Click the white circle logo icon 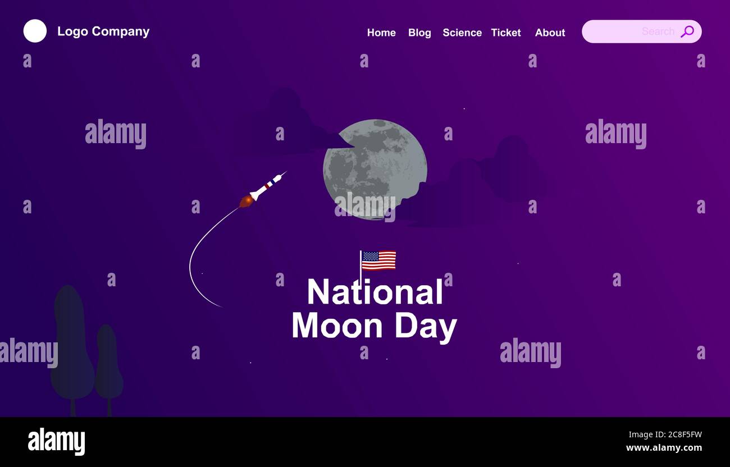click(35, 31)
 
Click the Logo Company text click(103, 31)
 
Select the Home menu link click(381, 33)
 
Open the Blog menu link click(419, 33)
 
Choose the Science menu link click(462, 33)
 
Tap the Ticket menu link click(506, 33)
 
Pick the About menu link click(550, 33)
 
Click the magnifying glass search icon click(687, 31)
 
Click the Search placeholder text click(658, 31)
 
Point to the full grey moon click(375, 168)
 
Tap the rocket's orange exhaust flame click(245, 201)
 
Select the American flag click(378, 260)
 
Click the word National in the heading click(375, 292)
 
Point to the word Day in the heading click(425, 327)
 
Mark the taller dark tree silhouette click(71, 342)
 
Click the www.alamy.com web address click(664, 447)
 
